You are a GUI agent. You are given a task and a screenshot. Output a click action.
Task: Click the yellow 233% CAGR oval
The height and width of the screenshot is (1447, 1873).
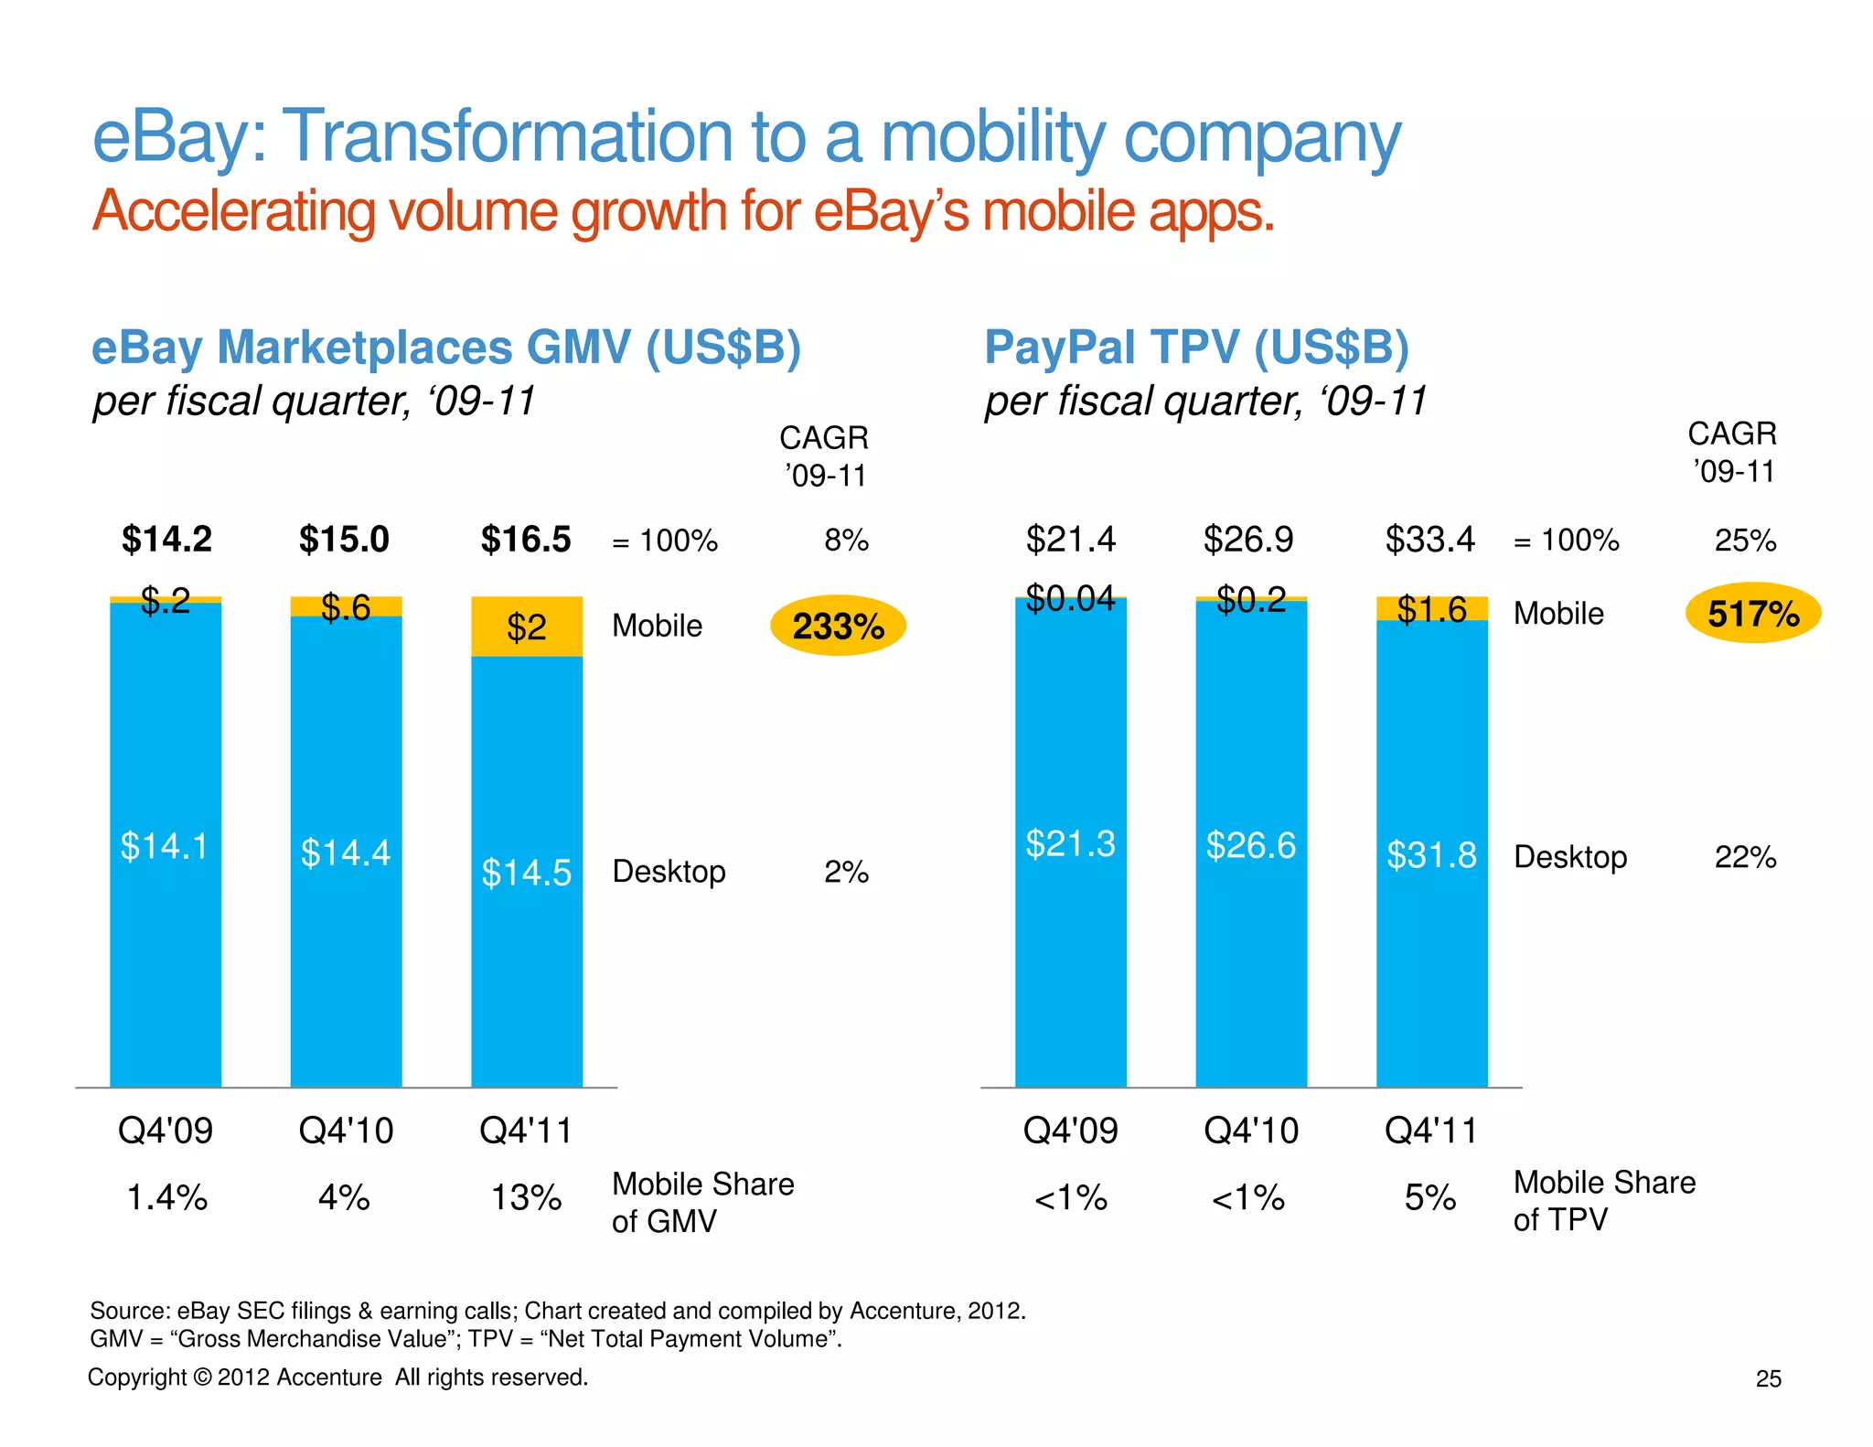(x=838, y=626)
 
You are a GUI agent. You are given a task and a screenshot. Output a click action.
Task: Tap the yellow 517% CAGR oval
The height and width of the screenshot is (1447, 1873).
(x=1752, y=613)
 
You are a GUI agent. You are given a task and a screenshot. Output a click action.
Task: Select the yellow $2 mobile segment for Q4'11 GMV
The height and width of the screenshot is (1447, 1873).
(x=527, y=627)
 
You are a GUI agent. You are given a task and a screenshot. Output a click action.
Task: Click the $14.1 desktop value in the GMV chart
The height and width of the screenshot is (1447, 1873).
(x=165, y=846)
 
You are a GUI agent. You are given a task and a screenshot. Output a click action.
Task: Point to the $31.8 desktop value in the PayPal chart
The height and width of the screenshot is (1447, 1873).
(x=1431, y=855)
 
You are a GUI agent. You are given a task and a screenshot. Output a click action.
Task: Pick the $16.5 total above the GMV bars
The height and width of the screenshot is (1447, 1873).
(x=526, y=540)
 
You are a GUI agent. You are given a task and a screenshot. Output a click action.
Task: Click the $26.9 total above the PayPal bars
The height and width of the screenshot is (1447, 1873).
(x=1248, y=540)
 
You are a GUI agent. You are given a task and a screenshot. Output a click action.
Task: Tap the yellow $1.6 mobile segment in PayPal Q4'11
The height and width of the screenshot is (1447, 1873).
(x=1431, y=609)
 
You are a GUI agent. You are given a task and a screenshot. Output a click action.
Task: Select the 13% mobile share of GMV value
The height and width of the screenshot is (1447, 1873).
(x=526, y=1197)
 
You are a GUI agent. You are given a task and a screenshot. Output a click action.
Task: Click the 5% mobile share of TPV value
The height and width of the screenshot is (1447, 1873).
(x=1430, y=1197)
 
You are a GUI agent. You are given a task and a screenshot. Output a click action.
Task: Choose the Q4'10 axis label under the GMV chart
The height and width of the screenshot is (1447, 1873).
(x=346, y=1131)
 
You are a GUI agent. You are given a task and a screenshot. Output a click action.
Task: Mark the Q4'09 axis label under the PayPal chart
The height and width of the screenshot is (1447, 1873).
(x=1070, y=1131)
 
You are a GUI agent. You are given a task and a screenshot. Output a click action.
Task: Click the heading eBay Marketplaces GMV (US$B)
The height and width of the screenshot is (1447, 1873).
(x=446, y=348)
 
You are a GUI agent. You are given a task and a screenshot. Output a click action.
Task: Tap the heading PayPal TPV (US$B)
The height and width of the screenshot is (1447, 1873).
(x=1196, y=348)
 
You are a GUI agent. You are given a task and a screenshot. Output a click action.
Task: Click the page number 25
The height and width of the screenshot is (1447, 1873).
(x=1768, y=1378)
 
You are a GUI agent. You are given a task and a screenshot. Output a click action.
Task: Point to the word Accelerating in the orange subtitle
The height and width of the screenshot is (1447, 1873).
(x=233, y=211)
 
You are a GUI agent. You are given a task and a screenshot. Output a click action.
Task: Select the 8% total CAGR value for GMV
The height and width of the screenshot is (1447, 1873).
(x=846, y=541)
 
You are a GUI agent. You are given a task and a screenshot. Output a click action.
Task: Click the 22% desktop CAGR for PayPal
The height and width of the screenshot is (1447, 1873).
(x=1745, y=857)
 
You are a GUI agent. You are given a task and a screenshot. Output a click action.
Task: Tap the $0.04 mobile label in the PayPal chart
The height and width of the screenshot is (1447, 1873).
(x=1070, y=598)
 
